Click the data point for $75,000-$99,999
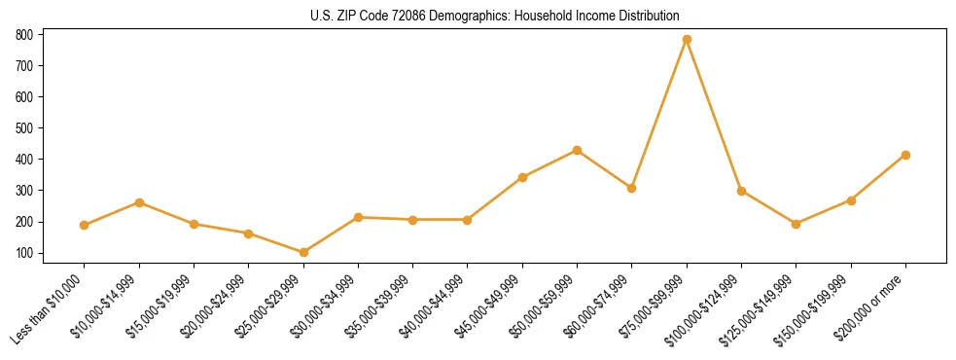[687, 39]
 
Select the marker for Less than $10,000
[85, 225]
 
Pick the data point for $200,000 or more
[905, 155]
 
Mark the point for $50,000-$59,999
[577, 150]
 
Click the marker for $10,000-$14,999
[139, 202]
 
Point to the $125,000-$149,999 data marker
[797, 224]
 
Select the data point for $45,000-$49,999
[522, 177]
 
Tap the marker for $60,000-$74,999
[632, 188]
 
